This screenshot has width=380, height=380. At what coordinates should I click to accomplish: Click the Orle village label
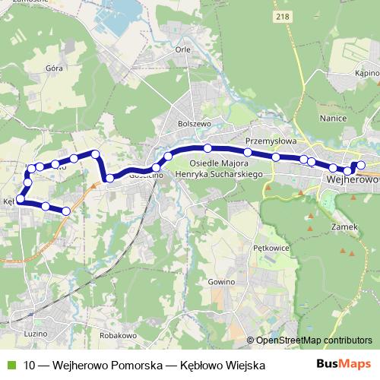182,49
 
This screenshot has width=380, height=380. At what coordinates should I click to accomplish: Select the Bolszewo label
192,122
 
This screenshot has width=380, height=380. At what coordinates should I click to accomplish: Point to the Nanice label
334,119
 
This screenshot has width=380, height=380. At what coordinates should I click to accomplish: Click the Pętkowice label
268,247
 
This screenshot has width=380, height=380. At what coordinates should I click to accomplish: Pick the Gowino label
219,281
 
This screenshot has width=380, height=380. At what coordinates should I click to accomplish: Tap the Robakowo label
117,334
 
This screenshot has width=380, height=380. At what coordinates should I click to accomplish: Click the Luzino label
36,334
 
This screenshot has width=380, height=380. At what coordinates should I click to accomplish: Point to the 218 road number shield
284,16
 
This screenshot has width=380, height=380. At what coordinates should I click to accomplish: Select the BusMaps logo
344,365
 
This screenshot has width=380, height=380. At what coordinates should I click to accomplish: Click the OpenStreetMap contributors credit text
309,340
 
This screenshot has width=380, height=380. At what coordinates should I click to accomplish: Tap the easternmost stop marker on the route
361,165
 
